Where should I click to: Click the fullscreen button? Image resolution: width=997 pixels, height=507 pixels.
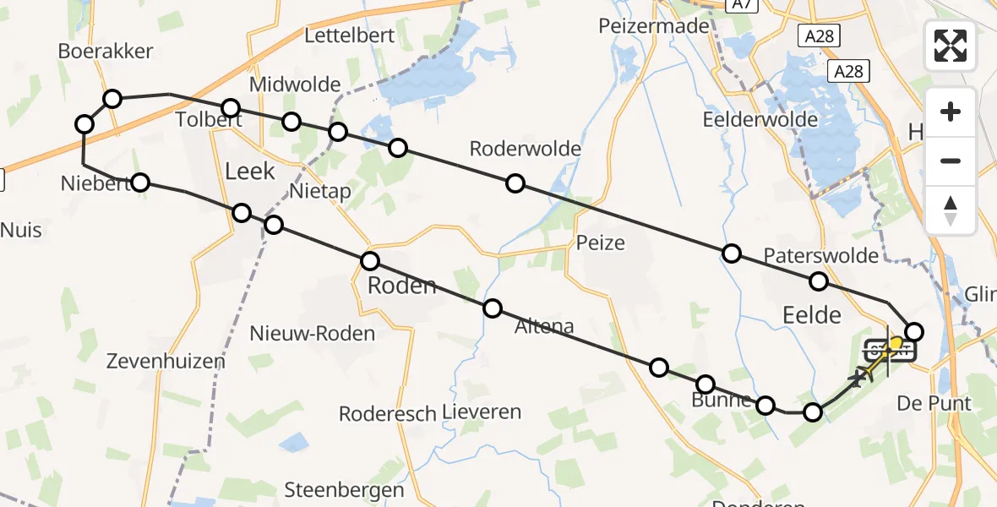(951, 46)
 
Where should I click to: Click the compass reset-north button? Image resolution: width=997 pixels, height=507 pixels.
(951, 210)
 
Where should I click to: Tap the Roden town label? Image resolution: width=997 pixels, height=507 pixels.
(401, 286)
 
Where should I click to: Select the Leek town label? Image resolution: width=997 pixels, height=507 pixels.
(250, 172)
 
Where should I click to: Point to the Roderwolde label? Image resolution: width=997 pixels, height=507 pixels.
(525, 150)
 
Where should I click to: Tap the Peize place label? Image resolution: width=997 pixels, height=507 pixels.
(601, 243)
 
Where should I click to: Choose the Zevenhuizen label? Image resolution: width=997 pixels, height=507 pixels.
(166, 362)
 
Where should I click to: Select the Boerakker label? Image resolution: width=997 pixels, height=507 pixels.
(106, 51)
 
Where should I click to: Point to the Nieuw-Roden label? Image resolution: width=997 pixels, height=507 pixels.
(312, 334)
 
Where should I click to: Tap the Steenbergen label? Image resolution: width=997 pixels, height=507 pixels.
(344, 490)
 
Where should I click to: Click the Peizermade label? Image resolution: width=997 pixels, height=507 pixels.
(653, 26)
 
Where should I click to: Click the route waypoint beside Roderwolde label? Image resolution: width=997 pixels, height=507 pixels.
(515, 183)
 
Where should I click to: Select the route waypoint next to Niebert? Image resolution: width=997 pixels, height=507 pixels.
(140, 182)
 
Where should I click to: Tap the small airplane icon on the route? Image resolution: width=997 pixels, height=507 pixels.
(859, 377)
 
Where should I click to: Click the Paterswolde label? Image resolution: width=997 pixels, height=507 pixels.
(821, 255)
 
